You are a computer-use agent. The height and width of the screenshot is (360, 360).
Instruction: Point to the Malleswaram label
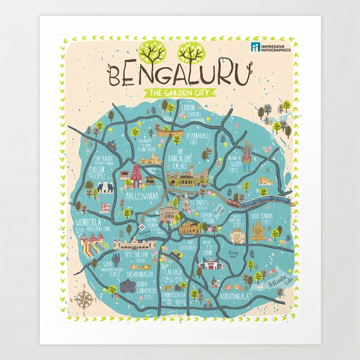(142, 197)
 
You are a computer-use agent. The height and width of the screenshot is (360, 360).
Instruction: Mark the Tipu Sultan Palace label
(137, 258)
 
